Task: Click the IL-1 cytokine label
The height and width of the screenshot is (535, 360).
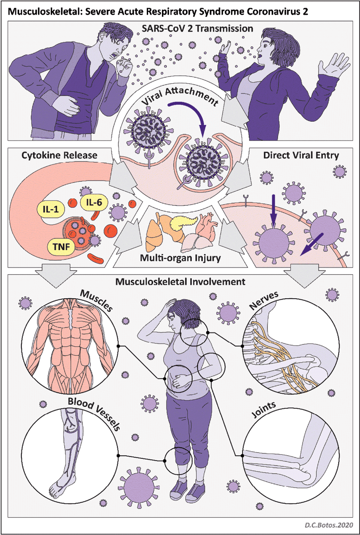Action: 51,209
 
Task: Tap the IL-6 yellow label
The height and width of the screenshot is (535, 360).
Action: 94,202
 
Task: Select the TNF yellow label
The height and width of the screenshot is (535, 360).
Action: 61,246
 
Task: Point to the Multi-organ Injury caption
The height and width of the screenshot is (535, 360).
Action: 180,258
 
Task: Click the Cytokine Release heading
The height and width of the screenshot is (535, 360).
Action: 59,156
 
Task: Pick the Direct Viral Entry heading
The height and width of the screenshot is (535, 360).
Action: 301,156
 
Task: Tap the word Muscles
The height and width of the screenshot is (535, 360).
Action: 96,300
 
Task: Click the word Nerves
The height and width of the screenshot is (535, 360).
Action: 264,300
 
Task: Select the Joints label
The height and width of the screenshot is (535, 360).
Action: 264,409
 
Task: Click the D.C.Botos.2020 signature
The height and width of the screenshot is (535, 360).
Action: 329,525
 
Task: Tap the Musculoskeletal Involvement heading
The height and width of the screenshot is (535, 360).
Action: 180,282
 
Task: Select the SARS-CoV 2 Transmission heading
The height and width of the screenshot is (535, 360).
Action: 197,29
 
